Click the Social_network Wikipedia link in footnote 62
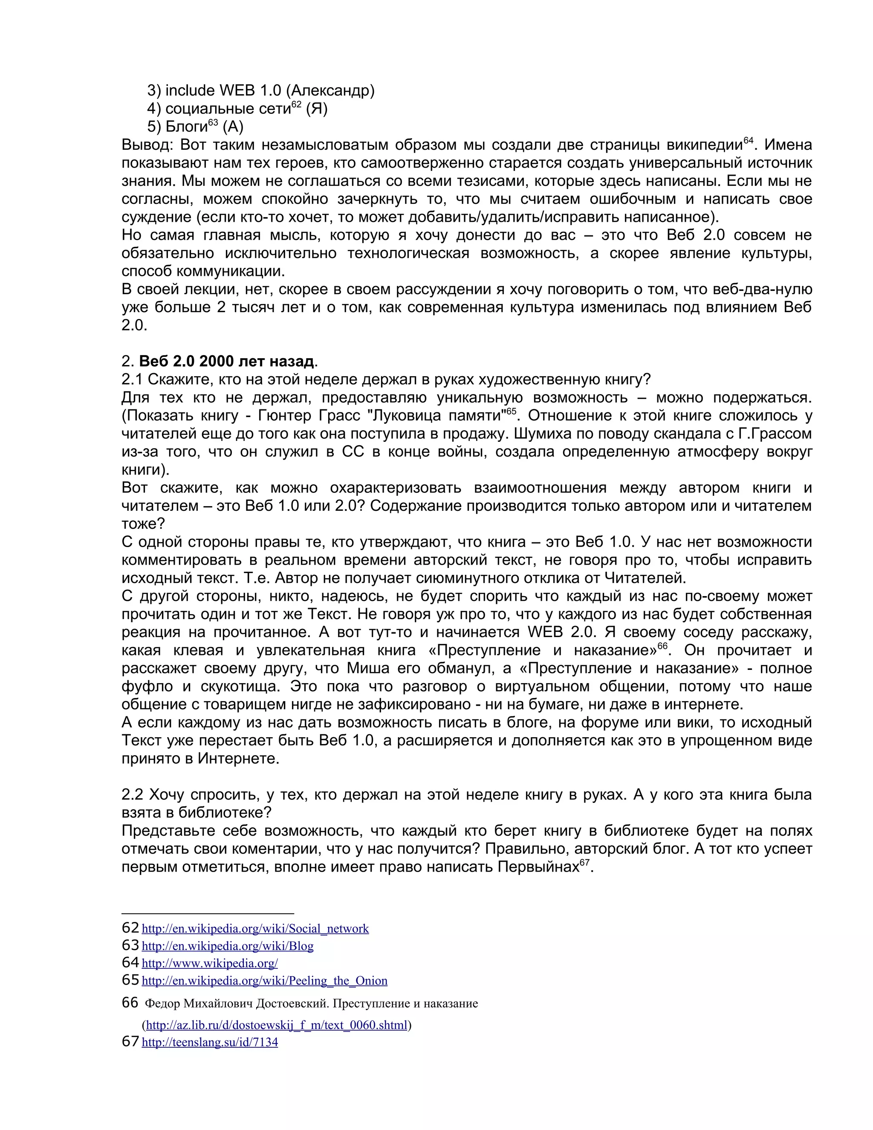tap(255, 929)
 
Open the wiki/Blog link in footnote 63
tap(228, 946)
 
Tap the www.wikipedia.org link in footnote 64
tap(209, 963)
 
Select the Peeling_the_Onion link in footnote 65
tap(264, 981)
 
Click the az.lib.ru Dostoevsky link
tap(277, 1025)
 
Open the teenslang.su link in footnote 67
tap(209, 1042)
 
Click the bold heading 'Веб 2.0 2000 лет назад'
tap(226, 361)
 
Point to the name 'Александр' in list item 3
tap(330, 90)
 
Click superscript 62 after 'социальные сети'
tap(296, 104)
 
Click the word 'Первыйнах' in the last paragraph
tap(538, 867)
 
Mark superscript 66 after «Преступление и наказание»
tap(662, 646)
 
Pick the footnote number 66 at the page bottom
tap(130, 1003)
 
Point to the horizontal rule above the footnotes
tap(208, 914)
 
